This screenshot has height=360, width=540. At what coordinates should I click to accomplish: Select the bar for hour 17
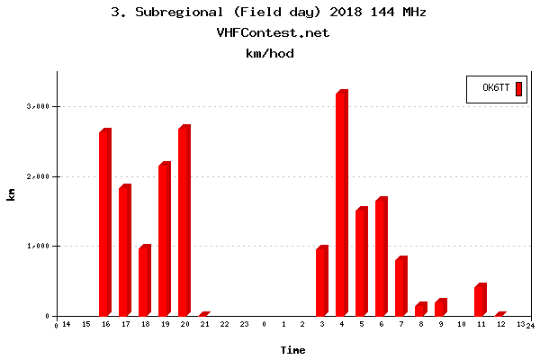[124, 251]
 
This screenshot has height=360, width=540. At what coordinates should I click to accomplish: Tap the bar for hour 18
[144, 281]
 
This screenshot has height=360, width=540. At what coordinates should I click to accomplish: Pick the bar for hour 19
[164, 240]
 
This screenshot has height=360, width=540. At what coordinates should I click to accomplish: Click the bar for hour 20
[184, 221]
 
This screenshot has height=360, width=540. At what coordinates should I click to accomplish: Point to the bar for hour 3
[321, 281]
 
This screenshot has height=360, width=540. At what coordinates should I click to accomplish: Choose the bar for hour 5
[361, 262]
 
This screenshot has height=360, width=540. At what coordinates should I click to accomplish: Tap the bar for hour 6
[381, 256]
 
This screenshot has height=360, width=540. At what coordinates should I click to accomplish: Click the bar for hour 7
[400, 286]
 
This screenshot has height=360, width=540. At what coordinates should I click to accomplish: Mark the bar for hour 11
[480, 300]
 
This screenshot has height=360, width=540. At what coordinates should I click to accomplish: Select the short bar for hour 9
[440, 307]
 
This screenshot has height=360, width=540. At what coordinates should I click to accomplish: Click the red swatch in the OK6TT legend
[518, 87]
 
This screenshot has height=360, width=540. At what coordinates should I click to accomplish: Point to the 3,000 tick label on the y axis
[38, 106]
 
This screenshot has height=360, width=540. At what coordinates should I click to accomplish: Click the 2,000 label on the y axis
[38, 176]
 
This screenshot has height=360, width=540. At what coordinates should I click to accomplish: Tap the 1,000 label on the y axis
[38, 246]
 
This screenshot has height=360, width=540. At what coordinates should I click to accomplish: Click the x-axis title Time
[292, 349]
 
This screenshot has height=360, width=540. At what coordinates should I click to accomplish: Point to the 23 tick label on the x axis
[244, 324]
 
